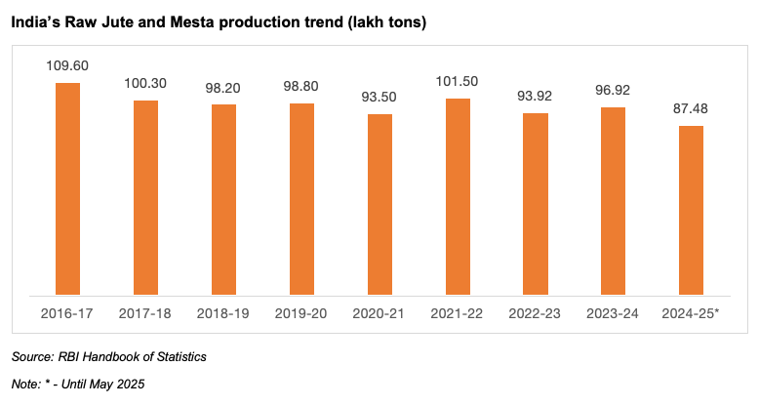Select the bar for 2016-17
(x=67, y=188)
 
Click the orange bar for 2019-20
(x=301, y=198)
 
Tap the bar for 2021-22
(x=458, y=196)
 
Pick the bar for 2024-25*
(x=691, y=209)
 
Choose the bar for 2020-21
(x=379, y=203)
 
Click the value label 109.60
(x=67, y=66)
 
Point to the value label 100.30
(x=145, y=84)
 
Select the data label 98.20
(x=223, y=88)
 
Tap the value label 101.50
(x=458, y=82)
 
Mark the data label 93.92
(x=536, y=97)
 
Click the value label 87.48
(x=691, y=109)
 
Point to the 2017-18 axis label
(x=145, y=312)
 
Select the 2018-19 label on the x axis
(x=223, y=312)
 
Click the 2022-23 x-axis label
(x=536, y=312)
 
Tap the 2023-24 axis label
(x=613, y=312)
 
